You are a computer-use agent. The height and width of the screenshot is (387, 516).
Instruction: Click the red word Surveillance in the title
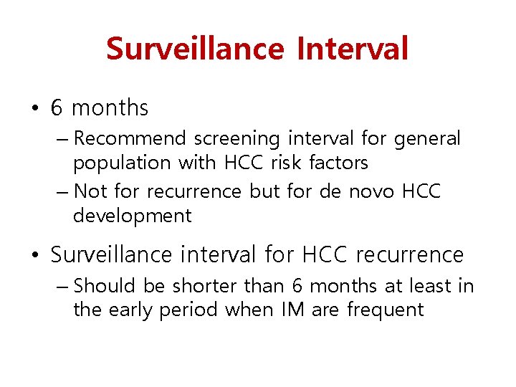pos(195,49)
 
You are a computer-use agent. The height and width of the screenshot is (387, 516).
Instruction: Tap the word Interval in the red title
pos(352,49)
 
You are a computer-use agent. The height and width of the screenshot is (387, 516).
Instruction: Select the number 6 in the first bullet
pos(57,108)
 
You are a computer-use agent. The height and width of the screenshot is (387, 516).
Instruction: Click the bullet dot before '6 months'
pos(35,109)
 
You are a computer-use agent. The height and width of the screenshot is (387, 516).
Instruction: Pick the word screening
pos(236,138)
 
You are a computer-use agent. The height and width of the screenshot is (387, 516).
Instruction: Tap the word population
pos(123,163)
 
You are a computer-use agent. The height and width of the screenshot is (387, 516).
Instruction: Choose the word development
pos(132,216)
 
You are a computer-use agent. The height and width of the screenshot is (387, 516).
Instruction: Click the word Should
pos(105,285)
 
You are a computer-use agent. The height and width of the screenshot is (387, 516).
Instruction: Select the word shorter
pos(204,285)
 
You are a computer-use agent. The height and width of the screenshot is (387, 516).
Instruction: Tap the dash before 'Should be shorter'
pos(62,287)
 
